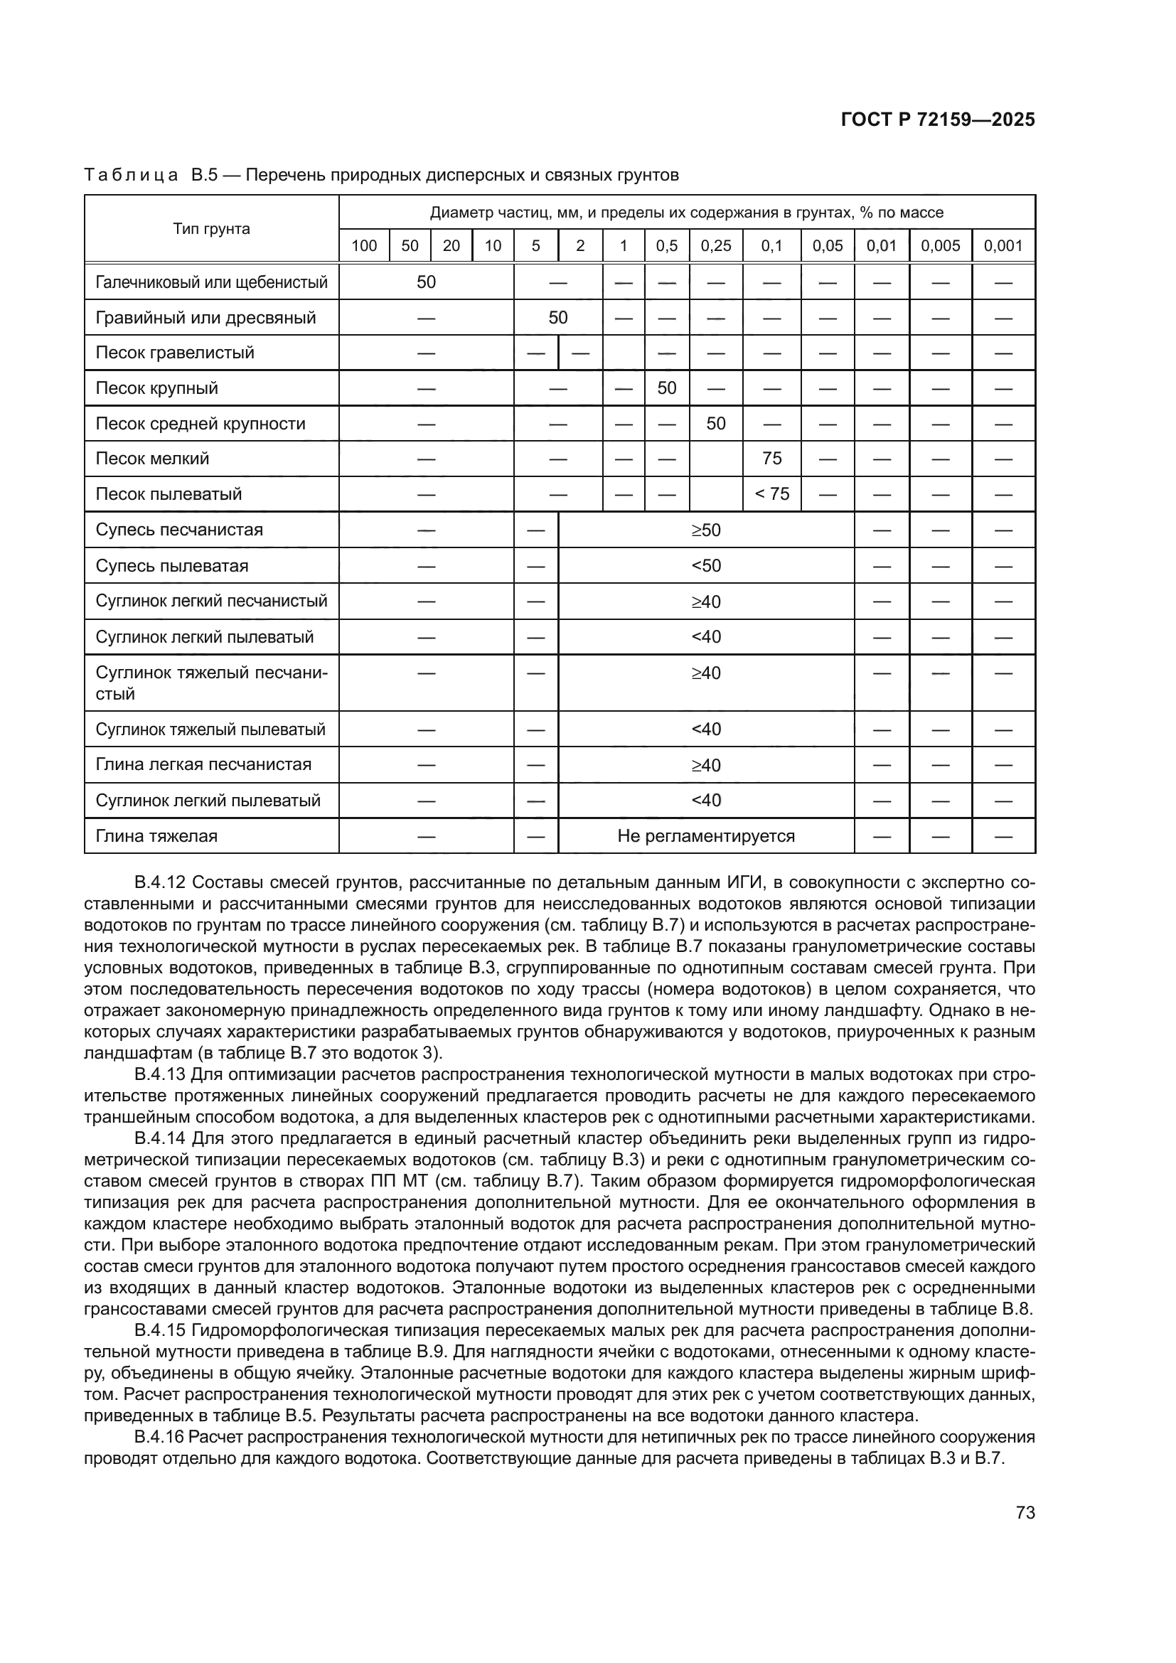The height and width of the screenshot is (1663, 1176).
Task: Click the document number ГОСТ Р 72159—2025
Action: click(938, 119)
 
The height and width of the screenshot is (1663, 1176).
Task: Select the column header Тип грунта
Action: click(211, 229)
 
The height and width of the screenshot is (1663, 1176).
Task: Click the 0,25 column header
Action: click(715, 245)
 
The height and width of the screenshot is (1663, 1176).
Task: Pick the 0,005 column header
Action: click(940, 245)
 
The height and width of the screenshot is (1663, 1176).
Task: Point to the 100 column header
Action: click(363, 245)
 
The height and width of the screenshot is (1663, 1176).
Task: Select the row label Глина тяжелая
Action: click(156, 836)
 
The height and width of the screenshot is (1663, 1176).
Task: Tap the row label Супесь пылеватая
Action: click(171, 566)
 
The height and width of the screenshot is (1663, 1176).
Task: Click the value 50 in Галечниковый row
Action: click(426, 282)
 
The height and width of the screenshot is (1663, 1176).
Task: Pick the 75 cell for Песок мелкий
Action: click(771, 459)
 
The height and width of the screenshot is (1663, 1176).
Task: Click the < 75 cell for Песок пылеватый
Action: click(771, 494)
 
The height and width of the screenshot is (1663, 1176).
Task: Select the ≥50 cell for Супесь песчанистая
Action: click(705, 530)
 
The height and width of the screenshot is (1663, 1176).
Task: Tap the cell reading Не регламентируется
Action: click(705, 836)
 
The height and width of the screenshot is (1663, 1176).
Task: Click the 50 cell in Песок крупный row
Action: click(666, 388)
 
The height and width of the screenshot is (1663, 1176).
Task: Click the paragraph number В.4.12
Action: click(161, 883)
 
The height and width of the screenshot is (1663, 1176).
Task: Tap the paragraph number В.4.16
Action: click(161, 1437)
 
